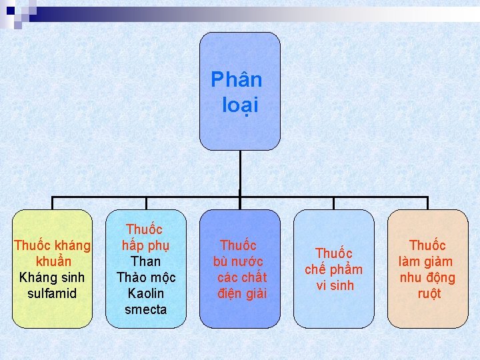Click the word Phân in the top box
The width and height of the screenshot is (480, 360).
tap(237, 80)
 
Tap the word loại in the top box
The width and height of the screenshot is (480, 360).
tap(241, 105)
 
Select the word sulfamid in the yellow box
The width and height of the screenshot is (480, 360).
tap(53, 293)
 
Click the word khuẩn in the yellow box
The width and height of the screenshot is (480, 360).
tap(53, 261)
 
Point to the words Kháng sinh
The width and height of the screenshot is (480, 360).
tap(52, 277)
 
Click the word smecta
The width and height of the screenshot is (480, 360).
tap(146, 309)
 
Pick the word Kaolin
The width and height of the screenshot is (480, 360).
tap(146, 293)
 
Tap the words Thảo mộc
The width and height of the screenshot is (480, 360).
tap(146, 277)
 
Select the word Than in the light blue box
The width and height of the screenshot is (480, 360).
tap(146, 261)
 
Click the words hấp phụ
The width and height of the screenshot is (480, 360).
tap(146, 245)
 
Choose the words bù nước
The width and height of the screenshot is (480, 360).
tap(238, 261)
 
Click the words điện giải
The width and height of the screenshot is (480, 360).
tap(241, 293)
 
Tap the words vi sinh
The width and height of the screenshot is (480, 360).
tap(335, 285)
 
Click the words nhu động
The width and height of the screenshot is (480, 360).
tap(427, 277)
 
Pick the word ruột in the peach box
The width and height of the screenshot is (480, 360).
tap(429, 293)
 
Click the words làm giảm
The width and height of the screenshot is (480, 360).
tap(425, 261)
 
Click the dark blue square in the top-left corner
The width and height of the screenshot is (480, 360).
tap(10, 10)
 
